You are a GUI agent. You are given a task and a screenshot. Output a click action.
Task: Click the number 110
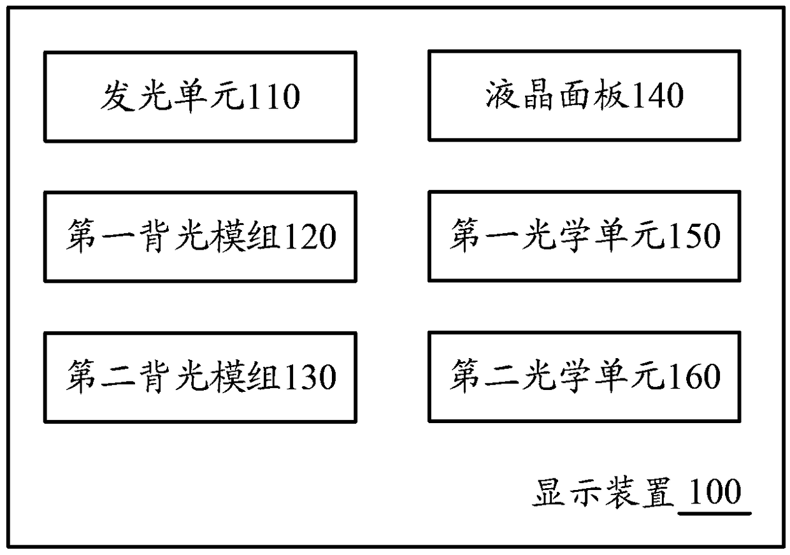[x=274, y=97]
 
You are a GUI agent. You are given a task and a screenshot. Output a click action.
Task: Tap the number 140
[x=657, y=96]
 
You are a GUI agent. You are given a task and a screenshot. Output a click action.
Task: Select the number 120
[x=310, y=236]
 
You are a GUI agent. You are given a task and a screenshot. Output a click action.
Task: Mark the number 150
[x=694, y=236]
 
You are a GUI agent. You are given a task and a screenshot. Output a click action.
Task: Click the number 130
[x=310, y=377]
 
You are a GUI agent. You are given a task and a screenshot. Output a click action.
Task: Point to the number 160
[x=694, y=376]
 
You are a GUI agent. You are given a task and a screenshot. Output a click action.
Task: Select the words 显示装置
[x=603, y=493]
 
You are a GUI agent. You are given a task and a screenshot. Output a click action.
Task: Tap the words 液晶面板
[x=557, y=96]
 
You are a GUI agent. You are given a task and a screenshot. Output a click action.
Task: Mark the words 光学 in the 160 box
[x=557, y=376]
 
